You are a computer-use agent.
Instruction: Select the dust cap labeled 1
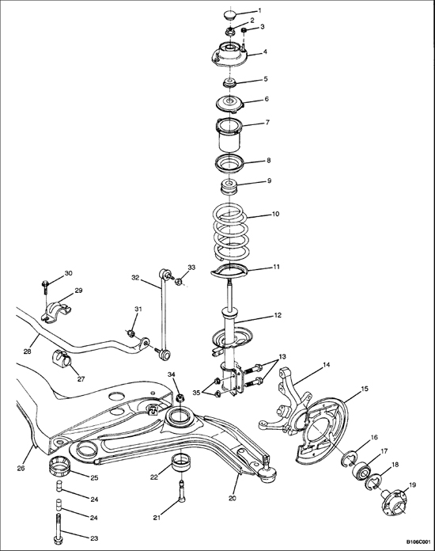[229, 15]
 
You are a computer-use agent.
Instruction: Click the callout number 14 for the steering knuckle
[326, 365]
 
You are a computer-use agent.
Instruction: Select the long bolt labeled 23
[59, 527]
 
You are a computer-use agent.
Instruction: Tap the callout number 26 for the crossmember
[21, 468]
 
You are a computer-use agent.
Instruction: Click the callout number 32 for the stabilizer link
[135, 278]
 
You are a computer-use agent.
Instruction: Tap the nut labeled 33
[179, 281]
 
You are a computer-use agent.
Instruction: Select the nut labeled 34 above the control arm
[180, 398]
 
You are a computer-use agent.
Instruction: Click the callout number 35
[196, 392]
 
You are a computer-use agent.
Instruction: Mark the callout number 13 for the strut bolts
[282, 356]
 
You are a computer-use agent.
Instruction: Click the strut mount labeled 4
[229, 55]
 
